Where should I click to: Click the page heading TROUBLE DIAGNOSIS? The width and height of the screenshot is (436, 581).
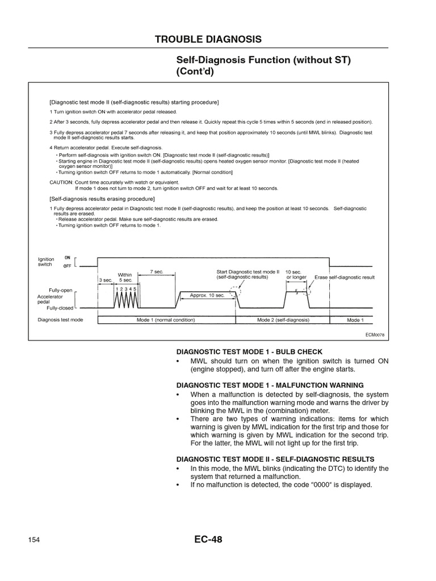(208, 39)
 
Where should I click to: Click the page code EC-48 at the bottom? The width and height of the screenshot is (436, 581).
(208, 540)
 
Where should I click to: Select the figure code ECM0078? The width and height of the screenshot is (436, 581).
(375, 335)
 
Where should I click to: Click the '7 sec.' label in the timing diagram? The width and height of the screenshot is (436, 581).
(156, 272)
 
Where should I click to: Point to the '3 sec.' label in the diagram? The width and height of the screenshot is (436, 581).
(105, 280)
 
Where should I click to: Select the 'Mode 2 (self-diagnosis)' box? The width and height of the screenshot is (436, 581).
(283, 320)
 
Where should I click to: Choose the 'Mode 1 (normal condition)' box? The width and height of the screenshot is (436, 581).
(166, 320)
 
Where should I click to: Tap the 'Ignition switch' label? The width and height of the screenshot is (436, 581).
(46, 262)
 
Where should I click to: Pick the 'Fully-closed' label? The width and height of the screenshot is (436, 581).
(60, 308)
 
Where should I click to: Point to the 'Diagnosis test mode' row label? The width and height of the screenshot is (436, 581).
(60, 320)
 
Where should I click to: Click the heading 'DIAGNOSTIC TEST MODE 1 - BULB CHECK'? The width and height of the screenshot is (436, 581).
(249, 352)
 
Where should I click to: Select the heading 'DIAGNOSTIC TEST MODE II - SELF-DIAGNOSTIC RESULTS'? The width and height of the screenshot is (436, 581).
(275, 458)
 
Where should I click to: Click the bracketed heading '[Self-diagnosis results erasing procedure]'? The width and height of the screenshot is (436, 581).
(102, 199)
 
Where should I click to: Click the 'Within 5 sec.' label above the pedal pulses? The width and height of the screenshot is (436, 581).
(125, 277)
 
